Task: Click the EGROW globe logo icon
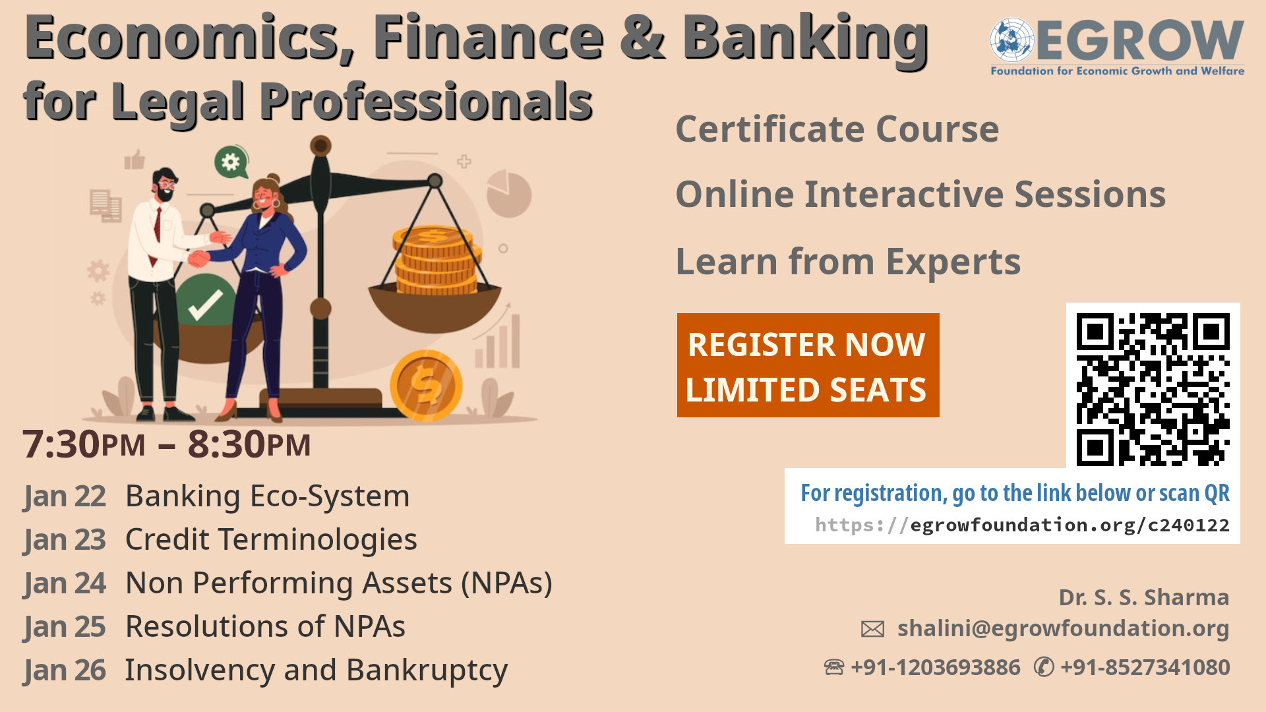point(1012,40)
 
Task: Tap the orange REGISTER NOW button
point(808,365)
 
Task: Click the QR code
point(1153,389)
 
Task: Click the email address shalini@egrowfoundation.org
point(1063,628)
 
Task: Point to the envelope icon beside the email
point(872,629)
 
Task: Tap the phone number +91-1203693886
point(935,667)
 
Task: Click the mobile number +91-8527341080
point(1145,667)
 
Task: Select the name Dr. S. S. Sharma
point(1143,597)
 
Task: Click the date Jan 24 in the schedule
point(65,583)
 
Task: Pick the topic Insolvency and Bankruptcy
point(316,670)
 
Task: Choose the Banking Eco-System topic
point(267,496)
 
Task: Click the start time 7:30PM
point(84,444)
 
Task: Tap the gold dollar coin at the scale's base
point(426,386)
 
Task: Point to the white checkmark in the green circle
point(205,304)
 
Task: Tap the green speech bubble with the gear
point(231,162)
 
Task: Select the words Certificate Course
point(837,129)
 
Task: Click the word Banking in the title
point(805,38)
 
